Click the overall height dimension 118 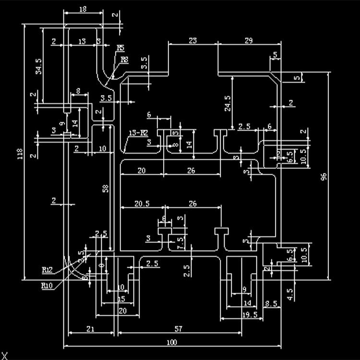tap(20, 154)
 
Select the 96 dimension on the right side tap(324, 177)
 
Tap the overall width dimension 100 tap(172, 342)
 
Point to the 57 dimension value tap(179, 329)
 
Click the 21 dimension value tap(90, 329)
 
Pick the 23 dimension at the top tap(192, 41)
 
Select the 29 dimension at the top tap(248, 41)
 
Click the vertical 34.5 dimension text tap(39, 66)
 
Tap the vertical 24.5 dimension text tap(228, 104)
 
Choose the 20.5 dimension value tap(142, 204)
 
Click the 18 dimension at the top tap(82, 9)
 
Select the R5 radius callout tap(120, 48)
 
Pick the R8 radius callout tap(124, 60)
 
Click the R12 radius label tap(47, 270)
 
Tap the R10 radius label tap(47, 286)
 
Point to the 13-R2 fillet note tap(138, 132)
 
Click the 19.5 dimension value tap(250, 315)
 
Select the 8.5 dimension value tap(271, 303)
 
